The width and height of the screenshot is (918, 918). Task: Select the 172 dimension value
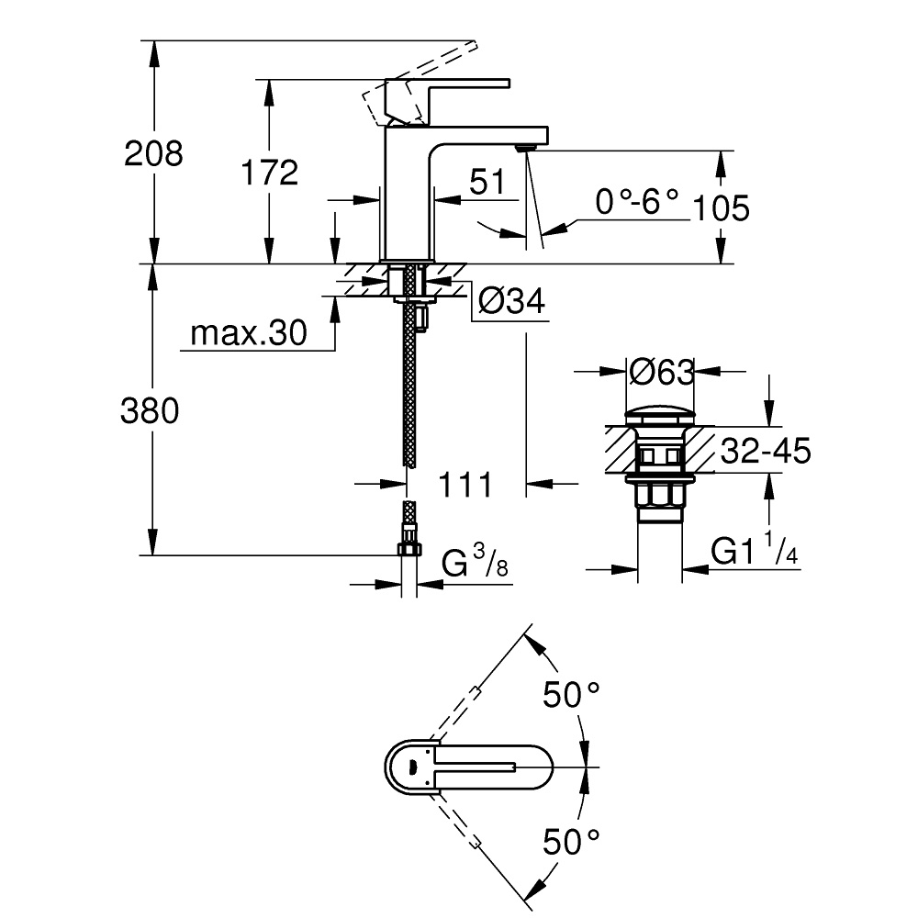click(x=269, y=172)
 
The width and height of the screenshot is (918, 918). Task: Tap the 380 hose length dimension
click(x=150, y=411)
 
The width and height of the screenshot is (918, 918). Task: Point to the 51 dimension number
click(x=487, y=182)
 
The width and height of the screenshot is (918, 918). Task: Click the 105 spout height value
click(x=721, y=208)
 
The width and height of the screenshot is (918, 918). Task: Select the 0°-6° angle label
click(x=637, y=201)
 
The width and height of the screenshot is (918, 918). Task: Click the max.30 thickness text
click(x=248, y=334)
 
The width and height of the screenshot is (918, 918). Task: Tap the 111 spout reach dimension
click(x=465, y=484)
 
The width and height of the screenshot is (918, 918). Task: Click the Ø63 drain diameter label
click(x=660, y=372)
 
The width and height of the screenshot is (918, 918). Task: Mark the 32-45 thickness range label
click(x=765, y=451)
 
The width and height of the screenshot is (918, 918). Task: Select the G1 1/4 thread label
click(x=753, y=551)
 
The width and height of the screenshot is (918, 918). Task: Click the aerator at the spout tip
click(x=525, y=146)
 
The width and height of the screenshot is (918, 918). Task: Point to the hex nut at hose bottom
click(x=408, y=549)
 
